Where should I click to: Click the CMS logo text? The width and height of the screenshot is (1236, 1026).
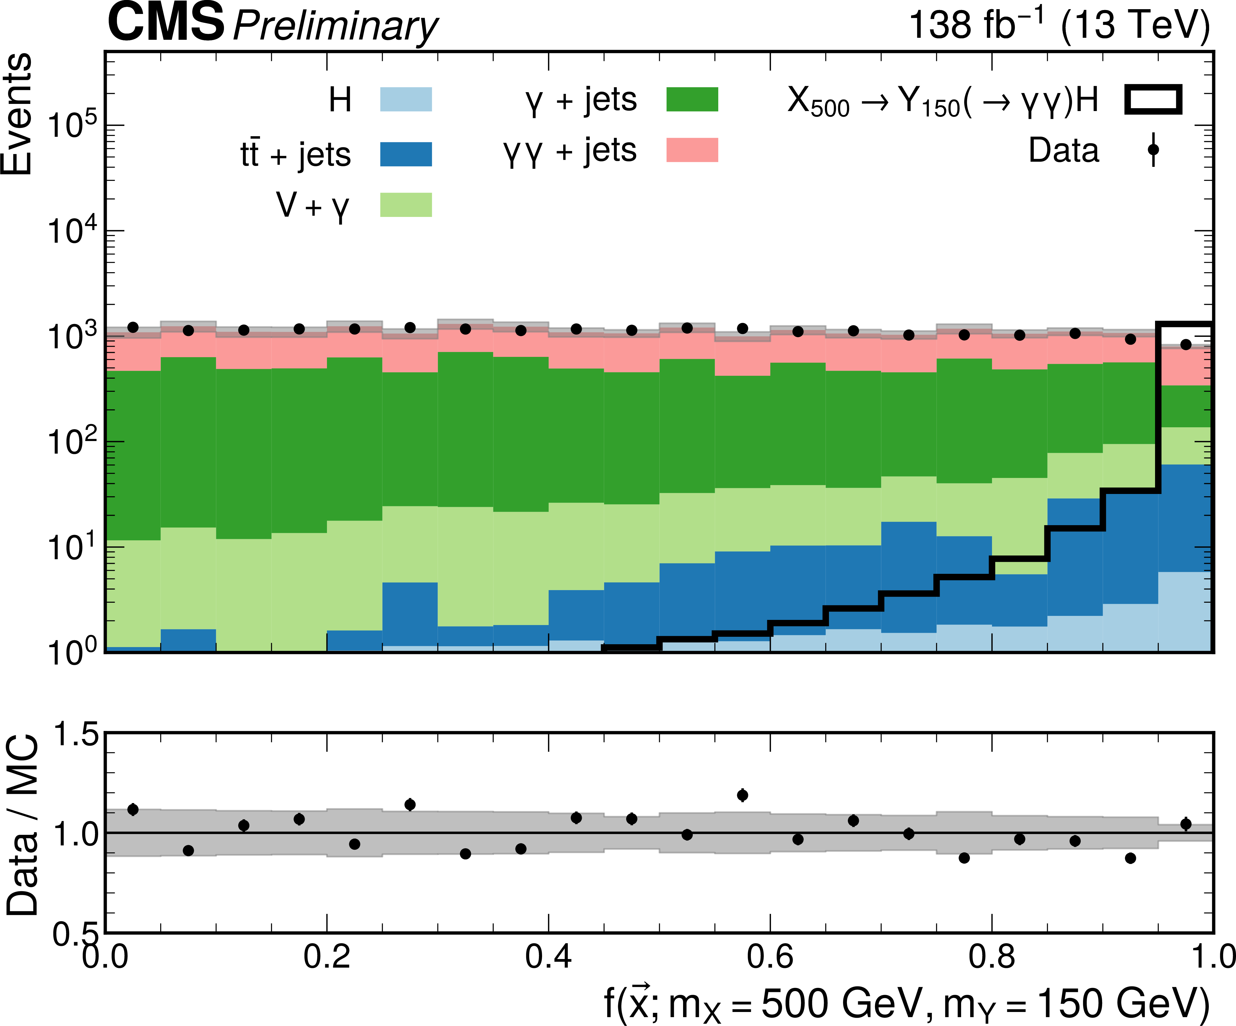166,23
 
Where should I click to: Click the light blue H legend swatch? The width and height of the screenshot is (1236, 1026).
406,99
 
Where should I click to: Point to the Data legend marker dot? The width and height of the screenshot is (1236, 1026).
1153,150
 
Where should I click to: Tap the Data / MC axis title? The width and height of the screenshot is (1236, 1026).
22,825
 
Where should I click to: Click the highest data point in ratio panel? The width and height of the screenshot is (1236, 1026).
742,795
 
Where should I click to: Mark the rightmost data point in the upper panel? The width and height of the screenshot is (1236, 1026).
1185,345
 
